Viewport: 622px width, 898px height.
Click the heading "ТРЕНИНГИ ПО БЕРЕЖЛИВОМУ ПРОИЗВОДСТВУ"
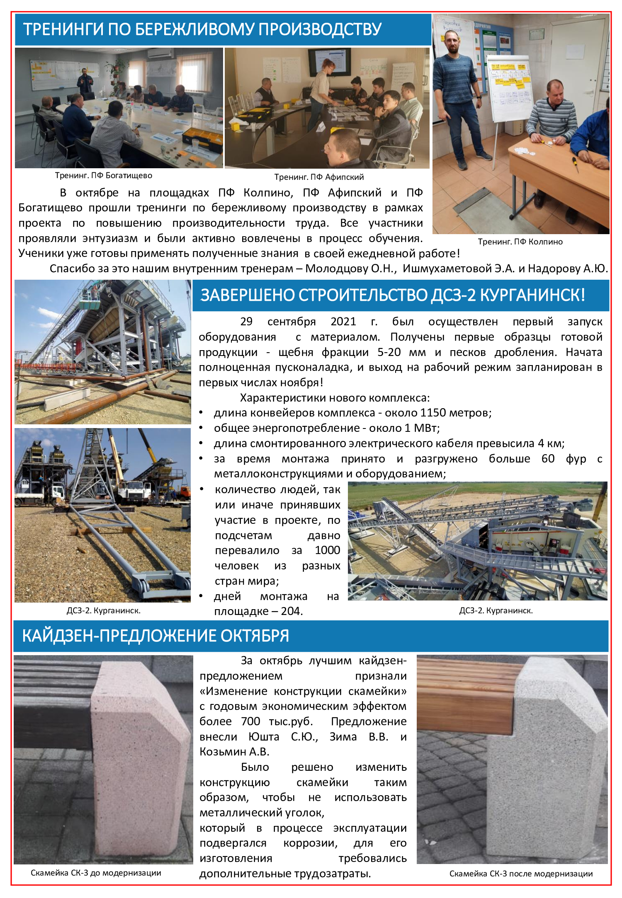coord(202,29)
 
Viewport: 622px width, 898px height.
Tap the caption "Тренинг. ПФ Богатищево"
coord(104,175)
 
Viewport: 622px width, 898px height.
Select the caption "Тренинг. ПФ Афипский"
coord(319,177)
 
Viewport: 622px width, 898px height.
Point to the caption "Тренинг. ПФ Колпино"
coord(520,242)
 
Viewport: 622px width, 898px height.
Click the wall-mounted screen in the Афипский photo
coord(330,62)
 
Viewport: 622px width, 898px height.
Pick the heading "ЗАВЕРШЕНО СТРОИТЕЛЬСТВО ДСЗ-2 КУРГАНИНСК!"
coord(392,295)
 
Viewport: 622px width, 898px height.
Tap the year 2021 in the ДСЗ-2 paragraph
coord(343,322)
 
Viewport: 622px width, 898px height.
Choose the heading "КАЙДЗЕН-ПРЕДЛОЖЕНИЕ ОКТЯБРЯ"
coord(155,636)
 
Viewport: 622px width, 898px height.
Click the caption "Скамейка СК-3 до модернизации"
coord(96,873)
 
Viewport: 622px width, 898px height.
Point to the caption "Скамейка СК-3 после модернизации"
coord(521,874)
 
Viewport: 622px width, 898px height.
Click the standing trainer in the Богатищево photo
coord(85,82)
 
